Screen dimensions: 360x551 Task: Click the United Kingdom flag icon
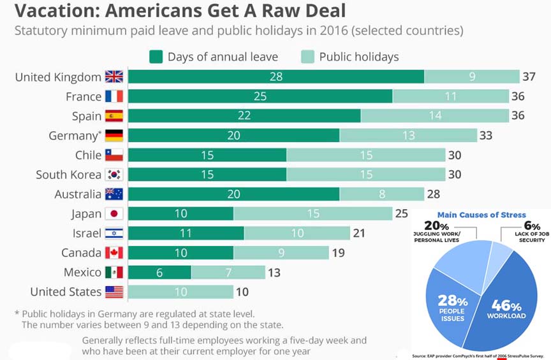tap(114, 77)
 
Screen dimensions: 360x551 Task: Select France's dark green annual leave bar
tap(260, 96)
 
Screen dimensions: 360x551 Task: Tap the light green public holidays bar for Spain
tap(434, 116)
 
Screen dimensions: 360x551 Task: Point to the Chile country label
tap(88, 155)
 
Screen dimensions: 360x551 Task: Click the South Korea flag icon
tap(114, 175)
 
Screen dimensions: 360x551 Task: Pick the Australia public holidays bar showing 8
tap(381, 194)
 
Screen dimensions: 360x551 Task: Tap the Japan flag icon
tap(114, 213)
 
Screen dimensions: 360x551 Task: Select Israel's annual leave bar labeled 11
tap(186, 233)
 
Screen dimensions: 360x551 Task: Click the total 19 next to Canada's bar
tap(338, 253)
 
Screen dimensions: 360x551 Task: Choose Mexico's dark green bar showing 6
tap(159, 273)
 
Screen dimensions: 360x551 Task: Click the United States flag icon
tap(114, 292)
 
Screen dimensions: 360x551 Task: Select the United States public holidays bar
tap(180, 292)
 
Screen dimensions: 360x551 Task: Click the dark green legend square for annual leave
tap(156, 57)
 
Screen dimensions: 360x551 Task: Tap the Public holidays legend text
tap(359, 57)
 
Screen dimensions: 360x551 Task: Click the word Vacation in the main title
tap(50, 11)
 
